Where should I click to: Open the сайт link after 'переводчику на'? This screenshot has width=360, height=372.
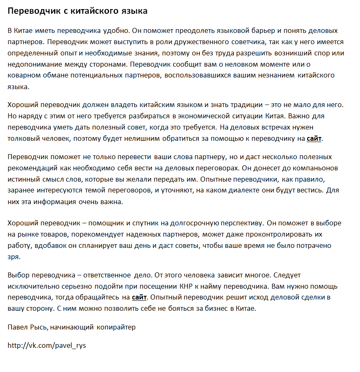point(314,139)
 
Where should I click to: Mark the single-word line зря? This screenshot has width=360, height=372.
point(13,257)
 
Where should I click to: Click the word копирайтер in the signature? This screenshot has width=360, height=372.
point(116,327)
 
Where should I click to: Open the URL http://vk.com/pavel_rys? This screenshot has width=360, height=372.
point(47,345)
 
